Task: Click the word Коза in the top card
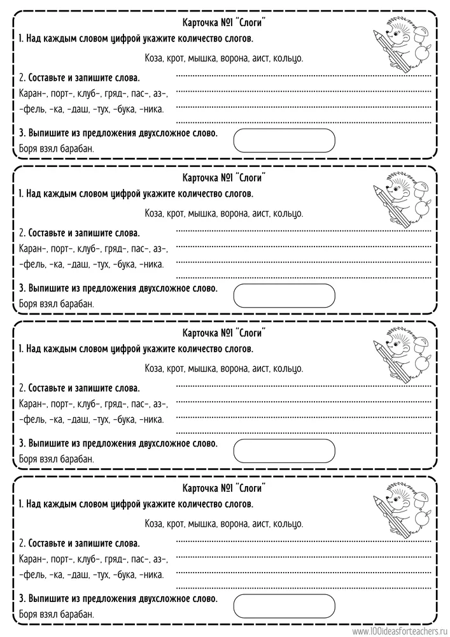click(x=155, y=58)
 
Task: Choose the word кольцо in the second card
click(x=288, y=213)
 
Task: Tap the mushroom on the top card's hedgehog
click(x=420, y=36)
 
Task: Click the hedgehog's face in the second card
click(x=400, y=192)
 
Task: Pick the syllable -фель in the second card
click(x=32, y=264)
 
